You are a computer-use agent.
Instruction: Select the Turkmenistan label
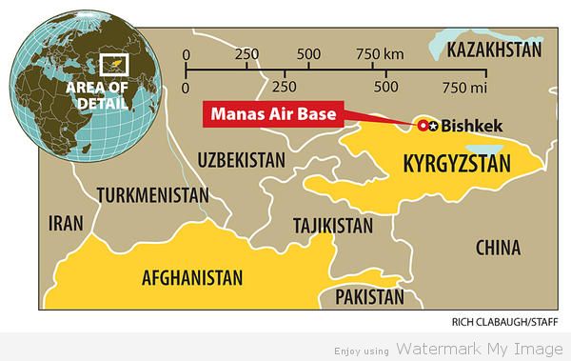(152, 195)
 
